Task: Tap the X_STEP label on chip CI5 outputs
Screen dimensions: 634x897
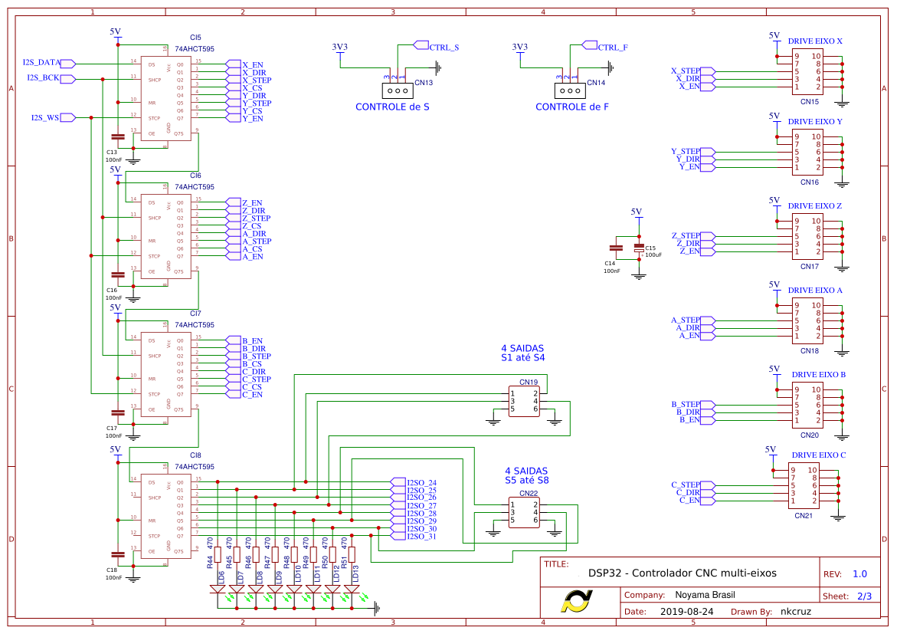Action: point(256,80)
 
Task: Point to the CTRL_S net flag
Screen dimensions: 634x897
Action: point(444,47)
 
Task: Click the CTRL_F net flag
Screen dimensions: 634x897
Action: point(612,47)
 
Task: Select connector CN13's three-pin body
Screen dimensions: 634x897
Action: point(398,89)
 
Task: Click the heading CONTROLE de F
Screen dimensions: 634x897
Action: point(571,107)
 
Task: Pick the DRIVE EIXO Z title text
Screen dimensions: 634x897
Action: point(815,206)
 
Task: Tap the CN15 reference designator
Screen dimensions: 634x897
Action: point(809,101)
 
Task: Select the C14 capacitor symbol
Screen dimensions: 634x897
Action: point(615,248)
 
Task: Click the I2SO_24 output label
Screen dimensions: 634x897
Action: point(421,483)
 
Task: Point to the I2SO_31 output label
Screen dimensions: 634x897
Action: point(421,537)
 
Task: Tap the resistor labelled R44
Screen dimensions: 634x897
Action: point(218,554)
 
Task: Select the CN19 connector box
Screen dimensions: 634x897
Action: point(524,401)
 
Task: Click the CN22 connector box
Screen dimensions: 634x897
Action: point(524,512)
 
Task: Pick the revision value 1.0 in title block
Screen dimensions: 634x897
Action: point(859,573)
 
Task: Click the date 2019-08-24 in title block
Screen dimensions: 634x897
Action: point(686,612)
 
